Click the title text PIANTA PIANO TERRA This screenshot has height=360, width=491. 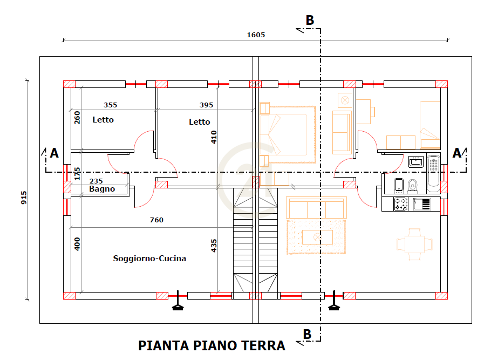pos(212,345)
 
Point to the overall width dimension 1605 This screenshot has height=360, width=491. pos(256,35)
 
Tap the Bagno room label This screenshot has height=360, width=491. pos(102,189)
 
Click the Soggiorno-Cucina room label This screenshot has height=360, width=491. pos(149,259)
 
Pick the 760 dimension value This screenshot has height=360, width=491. pos(156,220)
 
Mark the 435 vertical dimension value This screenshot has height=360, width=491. pos(214,246)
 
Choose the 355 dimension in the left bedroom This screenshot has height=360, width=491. pos(110,105)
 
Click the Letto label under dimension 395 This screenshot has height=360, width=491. pos(199,122)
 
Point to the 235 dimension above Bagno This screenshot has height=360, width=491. pos(96,181)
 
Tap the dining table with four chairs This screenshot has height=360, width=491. pos(414,244)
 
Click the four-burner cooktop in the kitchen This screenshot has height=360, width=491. pos(400,203)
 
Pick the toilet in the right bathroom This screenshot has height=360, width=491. pos(413,186)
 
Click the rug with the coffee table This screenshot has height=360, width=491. pos(316,236)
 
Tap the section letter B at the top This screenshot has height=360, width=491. pos(310,21)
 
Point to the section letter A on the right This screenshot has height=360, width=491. pos(456,153)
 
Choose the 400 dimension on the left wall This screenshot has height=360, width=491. pos(77,243)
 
